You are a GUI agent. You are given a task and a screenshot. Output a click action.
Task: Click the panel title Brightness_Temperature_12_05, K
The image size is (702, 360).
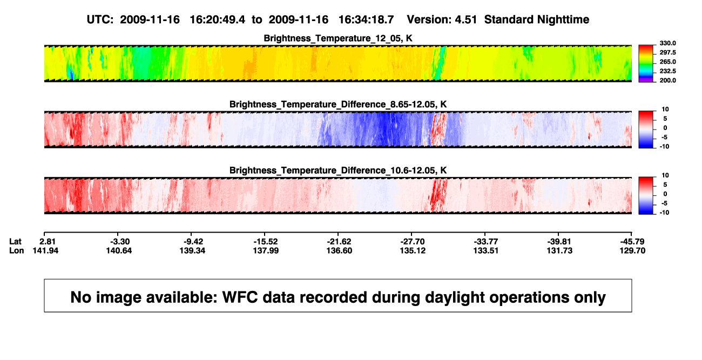click(338, 38)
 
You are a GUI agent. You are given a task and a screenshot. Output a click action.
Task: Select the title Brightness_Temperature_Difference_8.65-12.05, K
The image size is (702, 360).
click(338, 104)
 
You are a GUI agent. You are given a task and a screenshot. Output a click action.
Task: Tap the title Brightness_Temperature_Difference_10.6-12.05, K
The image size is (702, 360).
click(338, 171)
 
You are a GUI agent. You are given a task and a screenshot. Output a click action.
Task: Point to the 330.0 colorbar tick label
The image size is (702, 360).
click(667, 43)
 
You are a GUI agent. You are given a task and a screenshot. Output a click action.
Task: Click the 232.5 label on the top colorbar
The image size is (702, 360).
click(667, 71)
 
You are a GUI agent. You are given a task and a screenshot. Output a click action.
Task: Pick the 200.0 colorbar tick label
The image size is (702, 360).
click(667, 80)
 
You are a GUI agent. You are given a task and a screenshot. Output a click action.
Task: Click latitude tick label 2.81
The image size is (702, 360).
click(48, 242)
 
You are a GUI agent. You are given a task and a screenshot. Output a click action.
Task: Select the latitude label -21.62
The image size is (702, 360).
click(339, 242)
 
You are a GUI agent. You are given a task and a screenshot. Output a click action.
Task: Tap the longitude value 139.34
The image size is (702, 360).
click(192, 250)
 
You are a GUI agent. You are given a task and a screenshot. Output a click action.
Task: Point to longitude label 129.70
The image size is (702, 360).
click(632, 250)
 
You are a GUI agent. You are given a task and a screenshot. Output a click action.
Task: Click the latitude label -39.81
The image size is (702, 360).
click(559, 242)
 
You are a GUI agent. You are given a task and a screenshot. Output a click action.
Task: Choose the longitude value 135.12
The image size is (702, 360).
click(413, 250)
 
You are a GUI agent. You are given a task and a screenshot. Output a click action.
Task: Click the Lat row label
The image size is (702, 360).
click(15, 242)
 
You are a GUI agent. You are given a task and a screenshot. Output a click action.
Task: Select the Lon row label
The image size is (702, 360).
click(16, 250)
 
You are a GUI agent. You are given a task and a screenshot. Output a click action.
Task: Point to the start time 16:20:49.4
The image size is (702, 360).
click(218, 20)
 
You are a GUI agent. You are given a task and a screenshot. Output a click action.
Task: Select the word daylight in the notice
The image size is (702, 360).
click(454, 298)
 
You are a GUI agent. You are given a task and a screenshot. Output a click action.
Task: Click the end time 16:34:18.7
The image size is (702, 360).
click(366, 20)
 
